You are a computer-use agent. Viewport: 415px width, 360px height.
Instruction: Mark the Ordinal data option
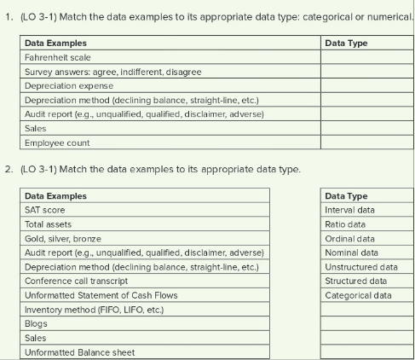coord(350,239)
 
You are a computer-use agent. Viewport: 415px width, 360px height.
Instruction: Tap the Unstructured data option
coord(361,267)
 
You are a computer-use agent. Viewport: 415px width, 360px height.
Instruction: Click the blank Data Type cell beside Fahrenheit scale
coord(364,57)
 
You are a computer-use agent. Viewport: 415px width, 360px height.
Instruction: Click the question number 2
coord(9,169)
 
